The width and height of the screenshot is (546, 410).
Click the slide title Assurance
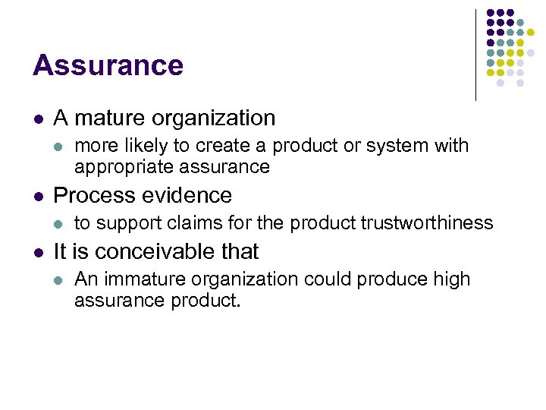point(108,65)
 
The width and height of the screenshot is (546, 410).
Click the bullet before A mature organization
point(37,119)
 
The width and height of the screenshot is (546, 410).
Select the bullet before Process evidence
point(37,196)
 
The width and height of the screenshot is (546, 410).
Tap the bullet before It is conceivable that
point(37,252)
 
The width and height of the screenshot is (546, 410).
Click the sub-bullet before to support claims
point(59,223)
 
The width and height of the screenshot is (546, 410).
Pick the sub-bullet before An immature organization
point(59,280)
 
